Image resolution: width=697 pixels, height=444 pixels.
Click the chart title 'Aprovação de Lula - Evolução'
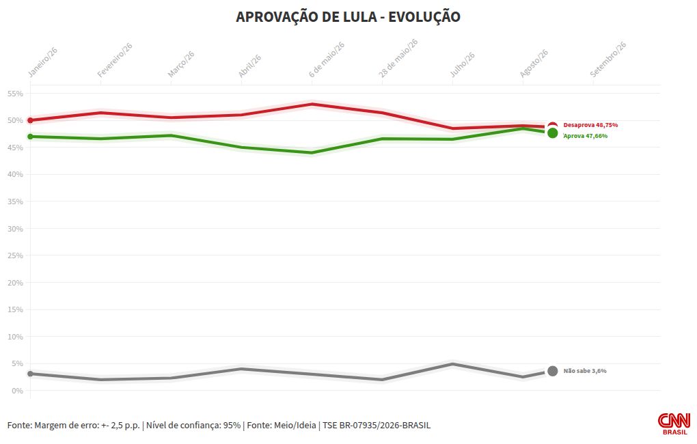click(x=348, y=17)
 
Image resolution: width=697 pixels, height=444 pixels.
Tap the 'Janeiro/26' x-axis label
click(x=42, y=63)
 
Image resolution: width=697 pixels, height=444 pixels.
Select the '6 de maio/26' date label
click(x=327, y=60)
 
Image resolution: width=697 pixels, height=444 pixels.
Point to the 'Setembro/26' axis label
click(x=608, y=59)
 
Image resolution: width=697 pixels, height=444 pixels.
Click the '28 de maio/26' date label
click(x=398, y=58)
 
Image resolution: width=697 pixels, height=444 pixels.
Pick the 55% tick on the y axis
click(x=15, y=94)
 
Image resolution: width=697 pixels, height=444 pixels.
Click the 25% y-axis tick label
click(x=15, y=255)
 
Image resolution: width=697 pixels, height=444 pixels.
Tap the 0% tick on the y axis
click(x=17, y=391)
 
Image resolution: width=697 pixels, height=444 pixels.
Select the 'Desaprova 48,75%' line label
click(x=590, y=125)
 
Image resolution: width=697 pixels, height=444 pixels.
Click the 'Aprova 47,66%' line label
click(x=586, y=136)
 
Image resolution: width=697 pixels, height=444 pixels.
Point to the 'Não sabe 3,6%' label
click(x=585, y=371)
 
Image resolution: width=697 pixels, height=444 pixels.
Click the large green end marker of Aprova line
click(x=553, y=133)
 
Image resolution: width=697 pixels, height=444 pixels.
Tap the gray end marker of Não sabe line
click(x=553, y=371)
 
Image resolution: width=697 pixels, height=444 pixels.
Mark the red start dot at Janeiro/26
click(x=30, y=120)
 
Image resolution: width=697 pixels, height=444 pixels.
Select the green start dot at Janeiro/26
click(x=30, y=137)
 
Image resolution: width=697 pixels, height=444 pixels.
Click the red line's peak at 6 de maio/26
click(x=312, y=105)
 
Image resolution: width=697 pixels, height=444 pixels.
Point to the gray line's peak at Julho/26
click(x=452, y=365)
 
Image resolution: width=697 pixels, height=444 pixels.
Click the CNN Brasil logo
click(x=674, y=424)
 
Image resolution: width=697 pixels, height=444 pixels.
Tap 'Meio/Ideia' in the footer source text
click(x=295, y=426)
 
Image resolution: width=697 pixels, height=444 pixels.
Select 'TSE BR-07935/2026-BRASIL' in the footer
click(x=377, y=426)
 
